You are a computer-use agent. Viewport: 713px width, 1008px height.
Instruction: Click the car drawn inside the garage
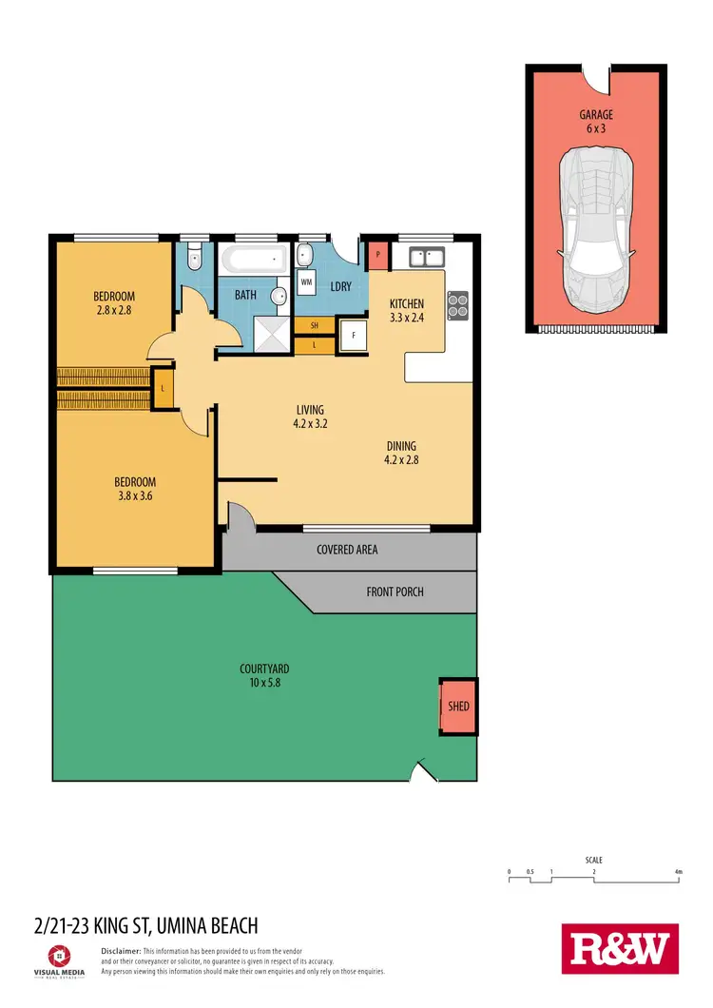[x=594, y=220]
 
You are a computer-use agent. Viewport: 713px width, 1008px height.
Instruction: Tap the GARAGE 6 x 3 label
[x=596, y=121]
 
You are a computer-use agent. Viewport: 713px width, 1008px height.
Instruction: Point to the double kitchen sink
[x=425, y=255]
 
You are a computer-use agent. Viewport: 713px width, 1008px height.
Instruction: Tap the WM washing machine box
[x=306, y=282]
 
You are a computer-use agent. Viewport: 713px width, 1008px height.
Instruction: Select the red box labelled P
[x=377, y=254]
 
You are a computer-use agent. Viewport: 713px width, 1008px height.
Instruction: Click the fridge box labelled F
[x=354, y=335]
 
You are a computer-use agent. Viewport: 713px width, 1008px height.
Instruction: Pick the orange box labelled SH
[x=314, y=326]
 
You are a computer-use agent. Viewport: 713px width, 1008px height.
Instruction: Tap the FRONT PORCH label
[x=395, y=591]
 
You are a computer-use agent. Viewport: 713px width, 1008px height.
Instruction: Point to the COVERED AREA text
[x=348, y=550]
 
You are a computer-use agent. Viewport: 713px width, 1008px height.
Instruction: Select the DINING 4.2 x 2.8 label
[x=401, y=452]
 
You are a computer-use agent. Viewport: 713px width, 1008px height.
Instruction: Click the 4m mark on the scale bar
[x=678, y=872]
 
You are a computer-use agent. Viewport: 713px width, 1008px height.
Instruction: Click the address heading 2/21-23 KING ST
[x=145, y=925]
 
